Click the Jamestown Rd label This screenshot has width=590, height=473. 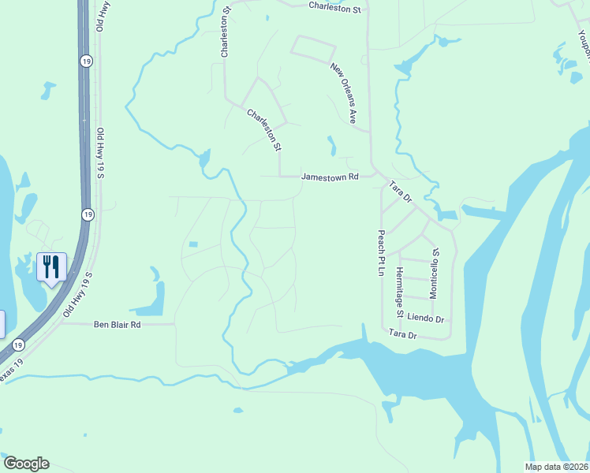point(330,177)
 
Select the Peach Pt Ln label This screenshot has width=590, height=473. point(380,252)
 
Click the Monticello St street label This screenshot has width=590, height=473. point(433,273)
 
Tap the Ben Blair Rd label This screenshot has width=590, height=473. point(117,324)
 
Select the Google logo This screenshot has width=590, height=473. point(26,464)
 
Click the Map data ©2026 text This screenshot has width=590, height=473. point(556,467)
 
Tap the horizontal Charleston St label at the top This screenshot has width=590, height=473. point(334,9)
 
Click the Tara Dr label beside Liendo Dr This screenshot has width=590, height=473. point(401,335)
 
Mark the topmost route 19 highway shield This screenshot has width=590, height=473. point(84,60)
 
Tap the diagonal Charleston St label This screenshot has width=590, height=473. point(263,129)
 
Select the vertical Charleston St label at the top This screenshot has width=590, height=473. point(225,33)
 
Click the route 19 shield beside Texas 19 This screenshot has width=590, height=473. point(17,345)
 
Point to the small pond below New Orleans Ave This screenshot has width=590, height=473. point(331,146)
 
